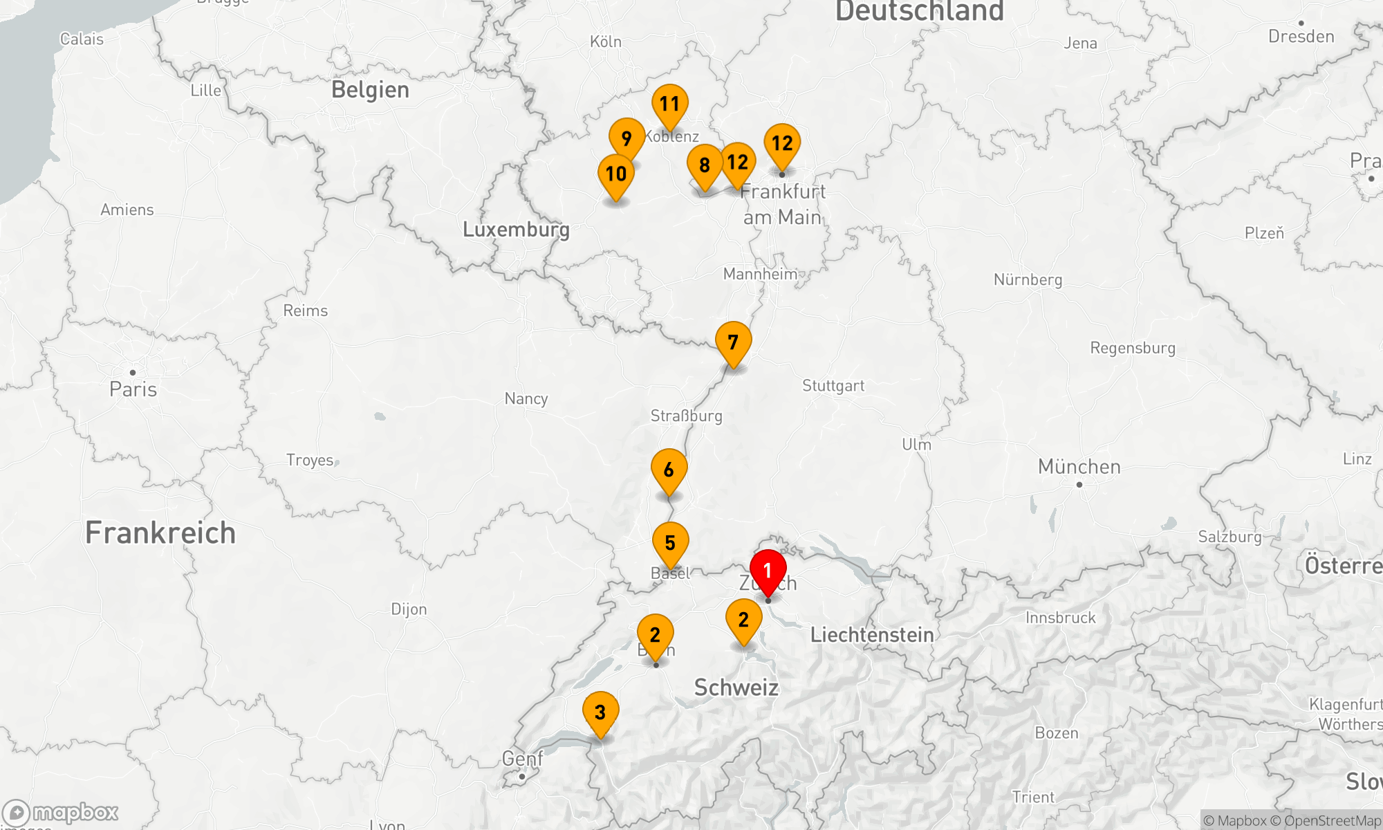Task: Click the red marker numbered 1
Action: click(768, 571)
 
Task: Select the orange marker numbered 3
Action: click(600, 712)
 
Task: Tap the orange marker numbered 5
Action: click(670, 543)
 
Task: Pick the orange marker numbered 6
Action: click(669, 470)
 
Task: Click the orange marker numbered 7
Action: click(733, 342)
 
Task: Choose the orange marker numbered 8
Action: click(705, 165)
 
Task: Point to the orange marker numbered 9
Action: click(626, 138)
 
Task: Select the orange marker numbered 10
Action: click(616, 174)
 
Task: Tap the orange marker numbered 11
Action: click(669, 104)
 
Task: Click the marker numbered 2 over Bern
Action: click(655, 635)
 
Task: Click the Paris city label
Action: click(133, 389)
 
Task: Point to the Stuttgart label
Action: click(833, 385)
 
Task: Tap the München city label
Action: click(1079, 467)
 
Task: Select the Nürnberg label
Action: click(1028, 279)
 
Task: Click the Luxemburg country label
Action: click(516, 229)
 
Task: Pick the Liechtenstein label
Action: click(871, 634)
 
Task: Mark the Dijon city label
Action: click(409, 609)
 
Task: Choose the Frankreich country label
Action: click(160, 533)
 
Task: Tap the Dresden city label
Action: click(1301, 36)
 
